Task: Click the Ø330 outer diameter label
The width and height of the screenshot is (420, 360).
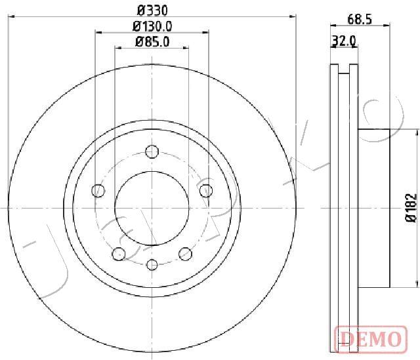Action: click(152, 11)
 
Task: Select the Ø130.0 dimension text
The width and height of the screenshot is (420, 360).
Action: click(152, 26)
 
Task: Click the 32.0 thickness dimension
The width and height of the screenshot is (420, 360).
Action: click(344, 41)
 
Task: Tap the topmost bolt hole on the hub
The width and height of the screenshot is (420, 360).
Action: click(152, 151)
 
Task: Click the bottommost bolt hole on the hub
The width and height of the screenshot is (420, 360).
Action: click(152, 264)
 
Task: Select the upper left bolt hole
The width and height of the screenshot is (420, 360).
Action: click(98, 191)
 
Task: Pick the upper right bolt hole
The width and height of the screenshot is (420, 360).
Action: click(206, 191)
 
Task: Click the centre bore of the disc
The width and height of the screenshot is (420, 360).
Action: click(152, 208)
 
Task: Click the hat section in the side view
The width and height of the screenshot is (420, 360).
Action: click(375, 208)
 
